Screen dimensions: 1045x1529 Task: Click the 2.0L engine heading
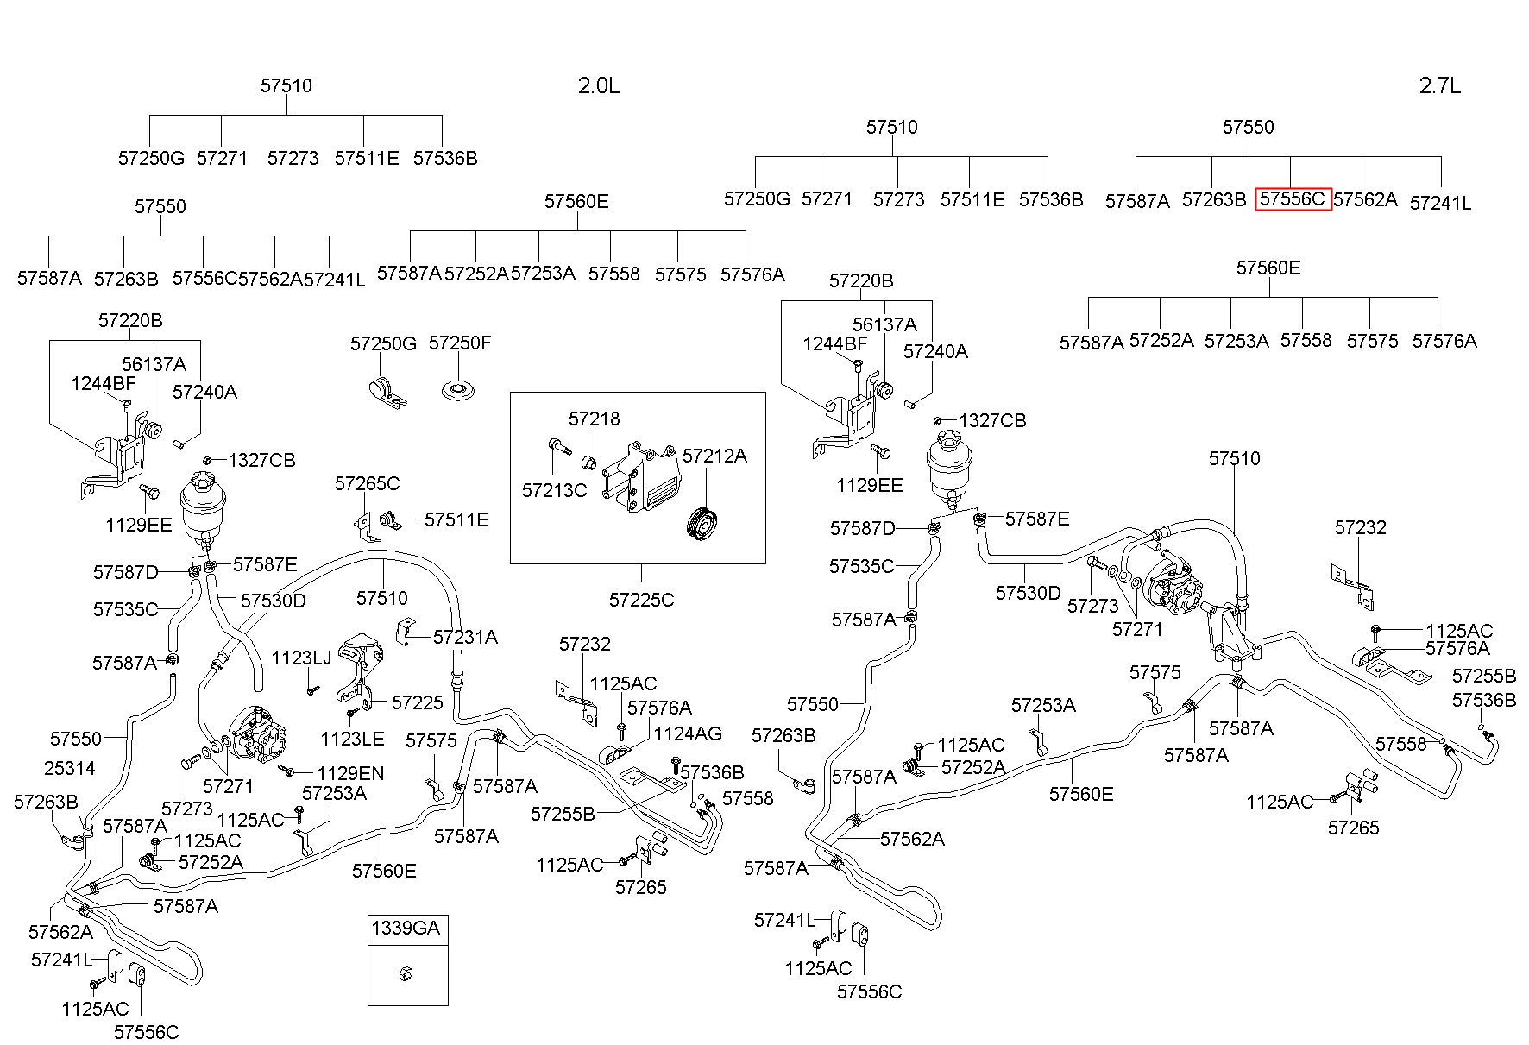(598, 85)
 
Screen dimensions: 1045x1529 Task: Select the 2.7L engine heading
(1439, 85)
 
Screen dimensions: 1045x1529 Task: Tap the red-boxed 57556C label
(1293, 199)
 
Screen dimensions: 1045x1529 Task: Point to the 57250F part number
(460, 343)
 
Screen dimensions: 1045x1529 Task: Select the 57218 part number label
(594, 419)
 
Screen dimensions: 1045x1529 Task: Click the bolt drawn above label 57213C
(557, 447)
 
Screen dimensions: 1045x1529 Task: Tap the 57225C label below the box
(641, 599)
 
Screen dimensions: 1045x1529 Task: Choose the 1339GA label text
(406, 929)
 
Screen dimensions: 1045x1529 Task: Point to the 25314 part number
(70, 768)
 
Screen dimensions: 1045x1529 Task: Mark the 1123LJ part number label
(301, 658)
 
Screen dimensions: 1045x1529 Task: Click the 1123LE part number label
(352, 738)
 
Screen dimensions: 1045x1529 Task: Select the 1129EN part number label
(350, 774)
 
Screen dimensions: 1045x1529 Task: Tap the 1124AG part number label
(688, 733)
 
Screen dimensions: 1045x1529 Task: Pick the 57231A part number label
(465, 637)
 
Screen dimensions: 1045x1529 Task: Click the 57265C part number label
(368, 483)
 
